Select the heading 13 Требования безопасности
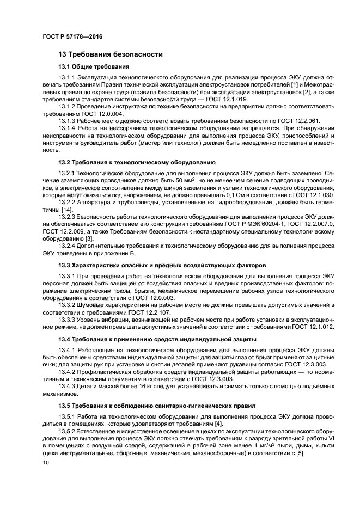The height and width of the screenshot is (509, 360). [107, 54]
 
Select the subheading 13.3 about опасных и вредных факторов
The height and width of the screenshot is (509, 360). [162, 265]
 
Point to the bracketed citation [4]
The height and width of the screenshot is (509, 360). [218, 424]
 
